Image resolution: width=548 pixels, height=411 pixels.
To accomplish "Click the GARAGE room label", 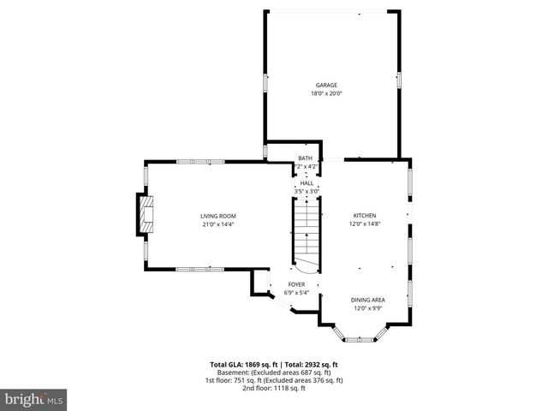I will (326, 85).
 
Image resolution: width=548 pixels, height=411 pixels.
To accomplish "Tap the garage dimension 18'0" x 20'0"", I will (326, 93).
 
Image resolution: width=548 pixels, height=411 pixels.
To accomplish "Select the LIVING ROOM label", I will (218, 216).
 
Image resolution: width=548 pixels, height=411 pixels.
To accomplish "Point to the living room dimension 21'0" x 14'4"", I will (218, 224).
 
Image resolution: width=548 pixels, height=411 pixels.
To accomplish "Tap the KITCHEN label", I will (365, 215).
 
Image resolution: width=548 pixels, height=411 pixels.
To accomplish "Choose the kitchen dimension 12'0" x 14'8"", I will (365, 224).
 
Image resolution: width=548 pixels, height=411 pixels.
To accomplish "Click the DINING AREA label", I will (368, 300).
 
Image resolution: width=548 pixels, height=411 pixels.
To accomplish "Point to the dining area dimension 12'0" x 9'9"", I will (368, 308).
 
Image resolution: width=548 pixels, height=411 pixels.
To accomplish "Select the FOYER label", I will (296, 284).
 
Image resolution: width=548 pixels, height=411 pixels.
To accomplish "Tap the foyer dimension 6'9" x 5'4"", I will (296, 293).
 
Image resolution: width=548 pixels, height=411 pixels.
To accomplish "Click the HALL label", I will (306, 182).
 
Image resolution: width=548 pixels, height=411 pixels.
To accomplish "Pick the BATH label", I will (306, 158).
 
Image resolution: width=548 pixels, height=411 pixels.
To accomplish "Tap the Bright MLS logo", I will (34, 399).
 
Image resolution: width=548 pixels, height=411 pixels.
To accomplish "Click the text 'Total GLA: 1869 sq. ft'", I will (243, 365).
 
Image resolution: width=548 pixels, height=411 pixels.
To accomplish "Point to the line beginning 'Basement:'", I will (273, 372).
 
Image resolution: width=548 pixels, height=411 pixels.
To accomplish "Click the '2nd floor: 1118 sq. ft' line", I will (273, 388).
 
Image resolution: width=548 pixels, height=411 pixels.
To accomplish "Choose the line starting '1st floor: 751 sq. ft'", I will (273, 380).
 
